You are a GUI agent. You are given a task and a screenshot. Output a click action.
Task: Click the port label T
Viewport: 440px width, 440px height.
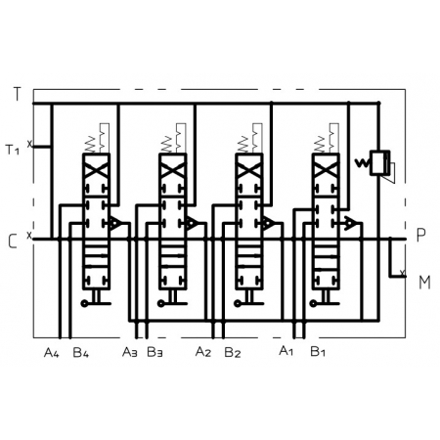pyautogui.click(x=17, y=94)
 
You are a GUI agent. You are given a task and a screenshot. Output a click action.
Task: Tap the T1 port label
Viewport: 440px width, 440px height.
pyautogui.click(x=13, y=150)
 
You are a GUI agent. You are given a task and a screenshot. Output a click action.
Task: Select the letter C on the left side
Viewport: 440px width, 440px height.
pyautogui.click(x=13, y=242)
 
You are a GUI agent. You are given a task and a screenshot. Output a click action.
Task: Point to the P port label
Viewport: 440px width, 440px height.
pyautogui.click(x=421, y=235)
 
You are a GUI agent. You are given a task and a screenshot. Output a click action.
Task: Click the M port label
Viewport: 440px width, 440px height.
pyautogui.click(x=424, y=283)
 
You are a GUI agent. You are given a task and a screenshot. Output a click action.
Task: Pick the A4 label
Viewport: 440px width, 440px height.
pyautogui.click(x=51, y=353)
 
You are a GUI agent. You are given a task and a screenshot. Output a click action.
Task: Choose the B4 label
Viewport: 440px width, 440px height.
pyautogui.click(x=80, y=353)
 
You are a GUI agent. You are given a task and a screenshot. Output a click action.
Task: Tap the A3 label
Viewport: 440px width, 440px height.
pyautogui.click(x=130, y=352)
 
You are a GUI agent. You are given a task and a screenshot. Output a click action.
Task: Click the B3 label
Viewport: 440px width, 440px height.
pyautogui.click(x=154, y=352)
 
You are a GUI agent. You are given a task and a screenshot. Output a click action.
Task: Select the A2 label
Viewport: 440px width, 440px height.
pyautogui.click(x=203, y=352)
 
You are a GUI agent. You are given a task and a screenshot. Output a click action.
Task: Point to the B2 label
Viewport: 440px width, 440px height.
pyautogui.click(x=233, y=353)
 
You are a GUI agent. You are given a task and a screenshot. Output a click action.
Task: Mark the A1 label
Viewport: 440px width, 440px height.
pyautogui.click(x=286, y=351)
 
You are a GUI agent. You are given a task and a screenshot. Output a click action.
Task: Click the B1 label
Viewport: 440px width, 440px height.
pyautogui.click(x=318, y=352)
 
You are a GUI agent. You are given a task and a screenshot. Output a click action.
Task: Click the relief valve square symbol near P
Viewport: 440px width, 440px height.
pyautogui.click(x=379, y=162)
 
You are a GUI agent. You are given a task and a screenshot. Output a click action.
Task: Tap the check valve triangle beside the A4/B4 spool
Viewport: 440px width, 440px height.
pyautogui.click(x=115, y=224)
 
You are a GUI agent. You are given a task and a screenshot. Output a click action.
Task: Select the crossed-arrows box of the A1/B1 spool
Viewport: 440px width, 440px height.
pyautogui.click(x=326, y=169)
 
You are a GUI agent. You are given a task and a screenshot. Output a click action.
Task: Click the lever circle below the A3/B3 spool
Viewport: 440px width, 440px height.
pyautogui.click(x=160, y=304)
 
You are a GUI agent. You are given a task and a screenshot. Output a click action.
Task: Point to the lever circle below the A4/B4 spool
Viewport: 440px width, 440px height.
pyautogui.click(x=84, y=304)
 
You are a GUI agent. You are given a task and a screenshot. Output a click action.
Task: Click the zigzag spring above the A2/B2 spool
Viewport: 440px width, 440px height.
pyautogui.click(x=243, y=144)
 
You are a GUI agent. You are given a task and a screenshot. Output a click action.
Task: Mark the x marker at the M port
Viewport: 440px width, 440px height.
pyautogui.click(x=403, y=272)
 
